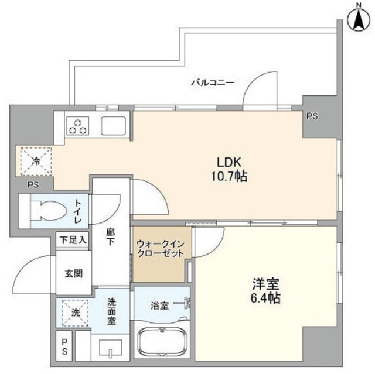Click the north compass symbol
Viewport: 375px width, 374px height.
pos(357,19)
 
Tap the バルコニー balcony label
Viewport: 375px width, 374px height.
pos(213,83)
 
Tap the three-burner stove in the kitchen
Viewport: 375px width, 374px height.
pos(77,125)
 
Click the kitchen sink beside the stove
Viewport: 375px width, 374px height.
pos(114,125)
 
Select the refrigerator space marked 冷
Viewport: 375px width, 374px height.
pos(35,162)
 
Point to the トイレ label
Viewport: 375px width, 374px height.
pos(78,211)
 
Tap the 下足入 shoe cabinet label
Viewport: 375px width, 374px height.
pos(73,239)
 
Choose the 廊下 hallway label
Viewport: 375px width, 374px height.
pos(111,236)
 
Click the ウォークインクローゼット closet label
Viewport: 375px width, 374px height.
pos(161,248)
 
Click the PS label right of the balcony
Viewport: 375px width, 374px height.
pos(312,116)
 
